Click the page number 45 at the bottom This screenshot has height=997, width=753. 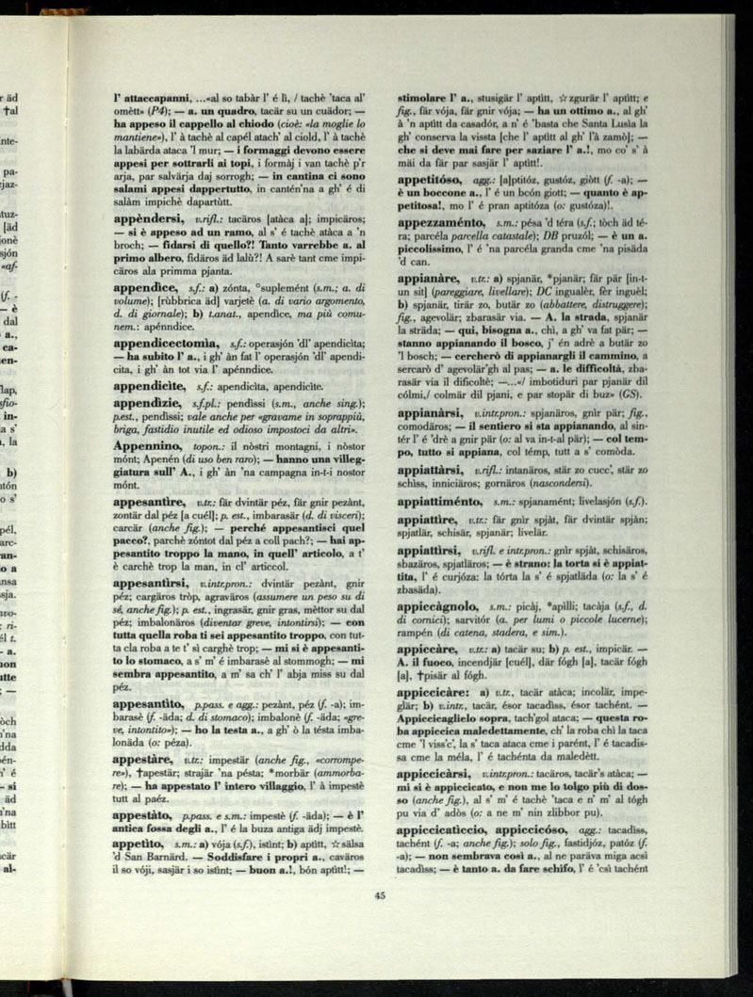pos(380,897)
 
